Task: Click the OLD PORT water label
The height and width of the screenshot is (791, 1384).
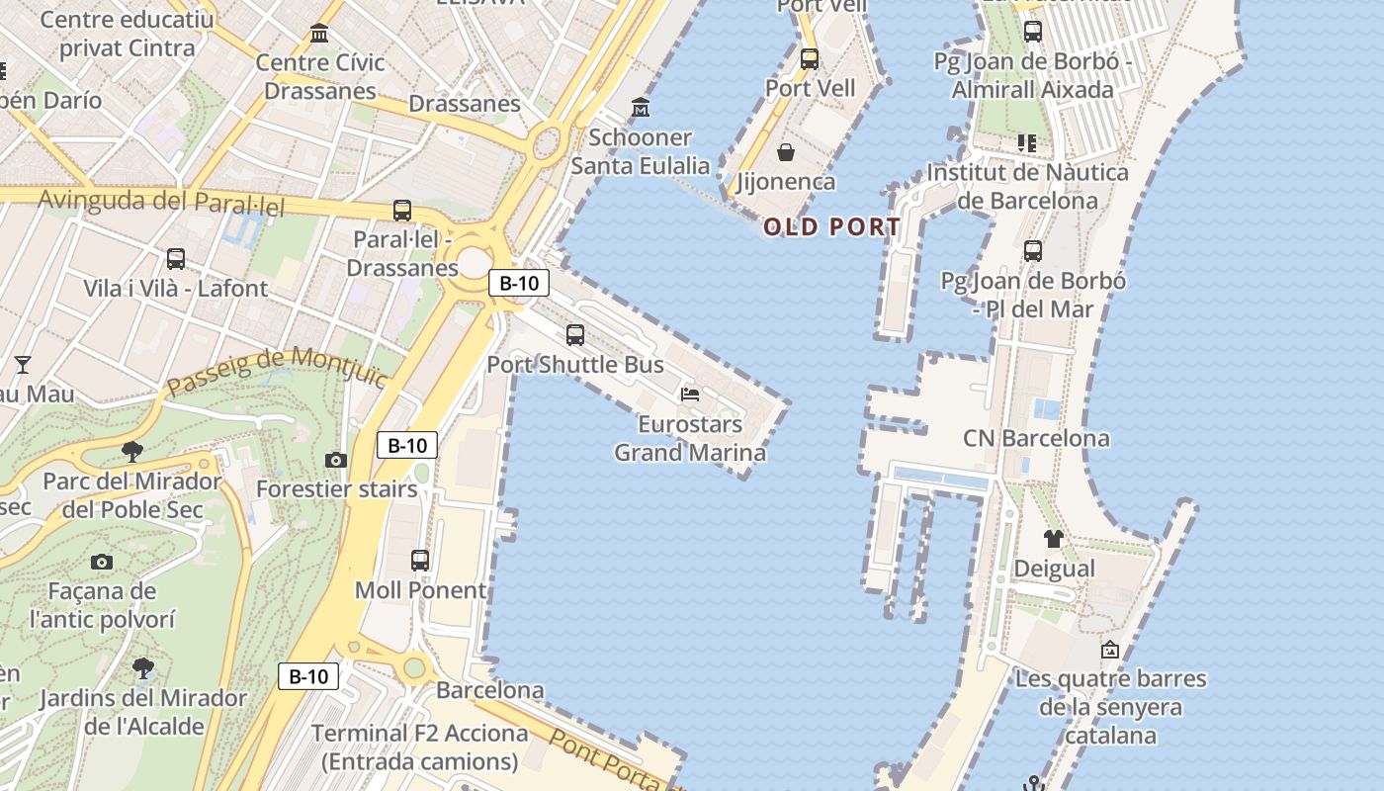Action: click(x=831, y=227)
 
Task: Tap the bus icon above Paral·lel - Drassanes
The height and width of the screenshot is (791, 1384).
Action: click(x=401, y=210)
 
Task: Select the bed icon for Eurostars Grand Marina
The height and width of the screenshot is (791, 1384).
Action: click(x=690, y=395)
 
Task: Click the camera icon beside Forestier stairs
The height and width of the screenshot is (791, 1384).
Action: click(x=336, y=460)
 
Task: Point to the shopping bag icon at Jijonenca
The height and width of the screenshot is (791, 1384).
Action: click(x=786, y=152)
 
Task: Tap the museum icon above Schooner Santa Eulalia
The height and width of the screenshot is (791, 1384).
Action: click(x=641, y=107)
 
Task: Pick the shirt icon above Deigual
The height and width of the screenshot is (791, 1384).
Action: click(x=1054, y=539)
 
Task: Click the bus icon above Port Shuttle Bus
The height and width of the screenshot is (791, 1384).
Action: click(x=575, y=335)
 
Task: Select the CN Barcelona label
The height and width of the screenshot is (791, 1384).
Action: click(x=1036, y=438)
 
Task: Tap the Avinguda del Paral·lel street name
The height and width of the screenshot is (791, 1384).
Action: click(x=161, y=203)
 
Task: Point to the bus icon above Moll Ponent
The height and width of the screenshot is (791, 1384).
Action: click(x=420, y=561)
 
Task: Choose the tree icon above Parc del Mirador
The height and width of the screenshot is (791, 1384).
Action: click(x=131, y=452)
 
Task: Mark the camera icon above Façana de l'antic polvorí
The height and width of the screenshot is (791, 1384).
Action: click(x=101, y=562)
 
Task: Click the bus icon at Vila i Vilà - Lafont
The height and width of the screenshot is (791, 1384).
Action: click(x=176, y=259)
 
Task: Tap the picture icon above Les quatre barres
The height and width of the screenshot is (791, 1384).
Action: click(x=1110, y=650)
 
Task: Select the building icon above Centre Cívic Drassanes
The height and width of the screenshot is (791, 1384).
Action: click(x=319, y=34)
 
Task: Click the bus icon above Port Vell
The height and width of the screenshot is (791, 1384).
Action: click(x=810, y=59)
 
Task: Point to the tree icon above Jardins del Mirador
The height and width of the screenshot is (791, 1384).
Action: click(x=143, y=667)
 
